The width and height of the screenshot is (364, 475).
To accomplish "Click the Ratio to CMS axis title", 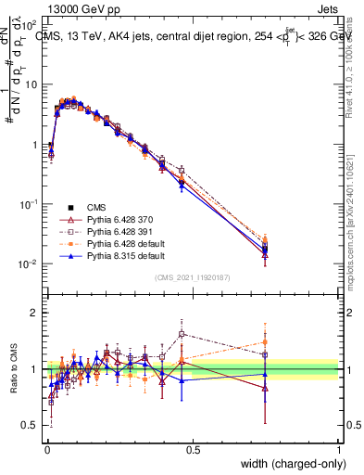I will [x=16, y=370].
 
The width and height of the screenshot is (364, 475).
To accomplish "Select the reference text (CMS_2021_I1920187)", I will [x=193, y=276].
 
